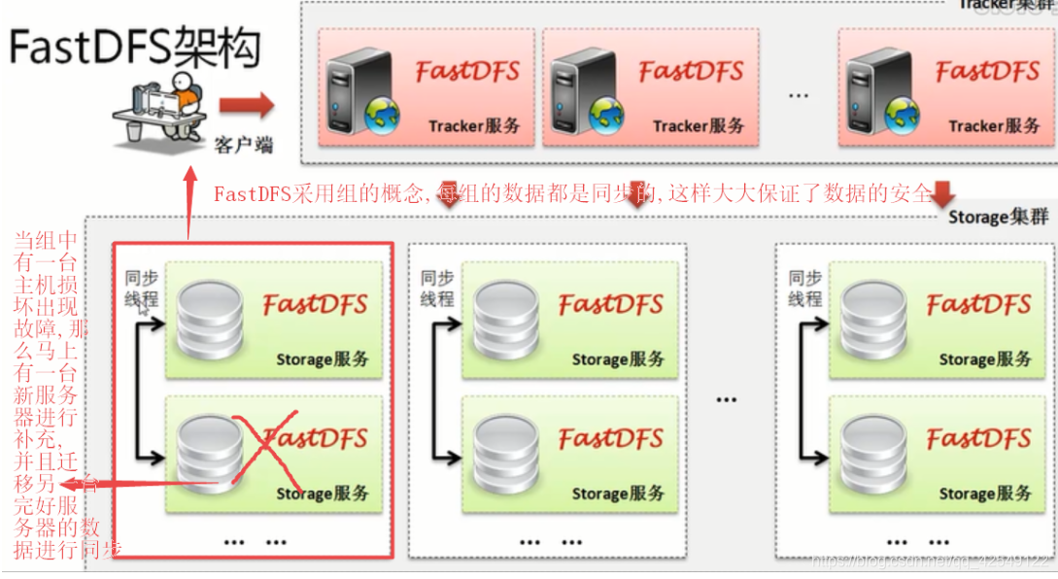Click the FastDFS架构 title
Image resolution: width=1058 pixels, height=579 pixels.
(x=137, y=48)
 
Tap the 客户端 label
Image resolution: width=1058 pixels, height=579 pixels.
(x=243, y=147)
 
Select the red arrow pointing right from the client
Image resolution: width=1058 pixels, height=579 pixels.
(x=246, y=105)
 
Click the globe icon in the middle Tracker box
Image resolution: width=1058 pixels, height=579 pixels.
(x=606, y=114)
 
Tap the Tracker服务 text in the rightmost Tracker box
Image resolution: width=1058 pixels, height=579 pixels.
(x=994, y=125)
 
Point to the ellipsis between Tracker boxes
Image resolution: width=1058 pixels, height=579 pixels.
(x=799, y=95)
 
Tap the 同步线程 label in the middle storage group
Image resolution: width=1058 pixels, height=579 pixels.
(x=437, y=289)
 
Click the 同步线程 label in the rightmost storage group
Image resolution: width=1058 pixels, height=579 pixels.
(x=805, y=289)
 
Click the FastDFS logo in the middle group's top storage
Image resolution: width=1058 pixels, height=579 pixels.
(x=611, y=304)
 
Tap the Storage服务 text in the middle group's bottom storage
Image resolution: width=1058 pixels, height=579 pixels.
(x=618, y=494)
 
